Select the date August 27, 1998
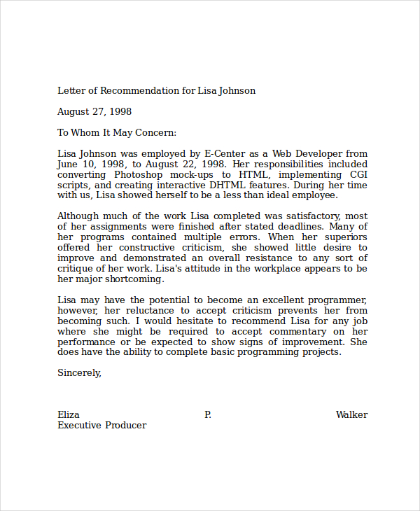94,111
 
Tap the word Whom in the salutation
85,132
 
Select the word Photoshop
141,174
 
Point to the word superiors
343,237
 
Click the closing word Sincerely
79,373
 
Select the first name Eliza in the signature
69,415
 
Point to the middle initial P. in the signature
207,415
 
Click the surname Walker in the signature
351,415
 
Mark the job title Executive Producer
101,426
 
